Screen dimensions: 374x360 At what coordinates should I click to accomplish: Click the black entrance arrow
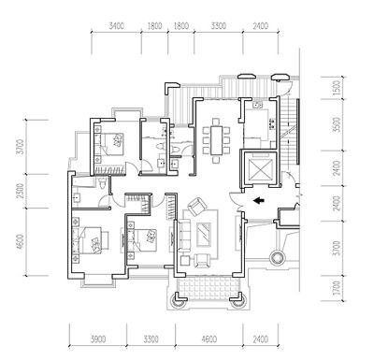pyautogui.click(x=258, y=201)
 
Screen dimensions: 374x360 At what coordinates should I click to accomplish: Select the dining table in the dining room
pyautogui.click(x=216, y=140)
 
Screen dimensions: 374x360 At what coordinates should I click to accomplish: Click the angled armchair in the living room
pyautogui.click(x=197, y=207)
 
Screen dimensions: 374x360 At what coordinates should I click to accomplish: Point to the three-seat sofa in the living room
pyautogui.click(x=184, y=236)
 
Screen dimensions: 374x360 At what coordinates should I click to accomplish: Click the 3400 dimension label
pyautogui.click(x=117, y=25)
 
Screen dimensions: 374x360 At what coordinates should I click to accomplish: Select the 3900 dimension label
pyautogui.click(x=98, y=339)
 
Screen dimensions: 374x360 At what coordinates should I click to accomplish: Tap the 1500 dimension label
pyautogui.click(x=337, y=88)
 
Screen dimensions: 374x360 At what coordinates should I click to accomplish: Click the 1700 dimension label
pyautogui.click(x=337, y=288)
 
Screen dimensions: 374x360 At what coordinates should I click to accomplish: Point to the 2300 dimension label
pyautogui.click(x=20, y=191)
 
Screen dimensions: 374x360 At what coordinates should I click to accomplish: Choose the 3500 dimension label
pyautogui.click(x=337, y=124)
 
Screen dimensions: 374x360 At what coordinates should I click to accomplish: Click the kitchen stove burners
pyautogui.click(x=272, y=124)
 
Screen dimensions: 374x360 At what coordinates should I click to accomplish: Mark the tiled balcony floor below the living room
pyautogui.click(x=209, y=288)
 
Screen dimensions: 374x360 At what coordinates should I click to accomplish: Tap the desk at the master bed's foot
pyautogui.click(x=106, y=240)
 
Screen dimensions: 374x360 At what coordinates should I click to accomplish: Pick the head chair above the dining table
pyautogui.click(x=216, y=122)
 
